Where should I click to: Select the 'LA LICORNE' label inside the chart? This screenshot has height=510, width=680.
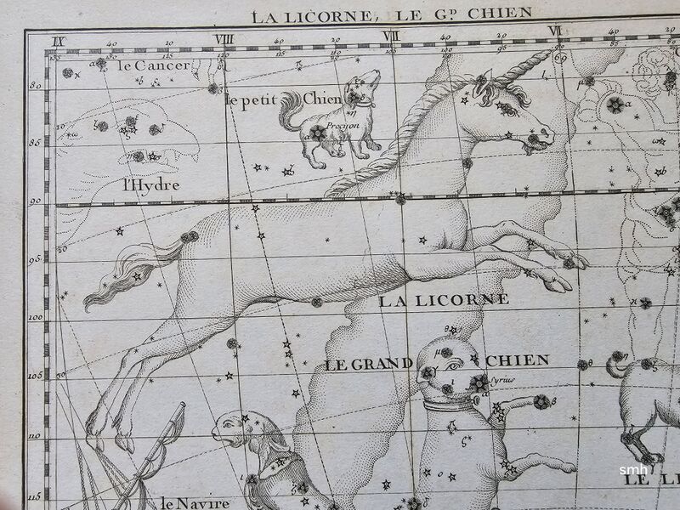(x=444, y=300)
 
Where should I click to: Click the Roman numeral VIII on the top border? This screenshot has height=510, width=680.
(x=224, y=37)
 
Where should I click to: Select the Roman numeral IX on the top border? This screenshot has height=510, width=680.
(x=58, y=40)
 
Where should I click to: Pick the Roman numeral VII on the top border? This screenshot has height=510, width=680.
(x=391, y=36)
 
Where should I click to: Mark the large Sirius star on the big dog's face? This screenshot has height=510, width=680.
(x=480, y=382)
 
